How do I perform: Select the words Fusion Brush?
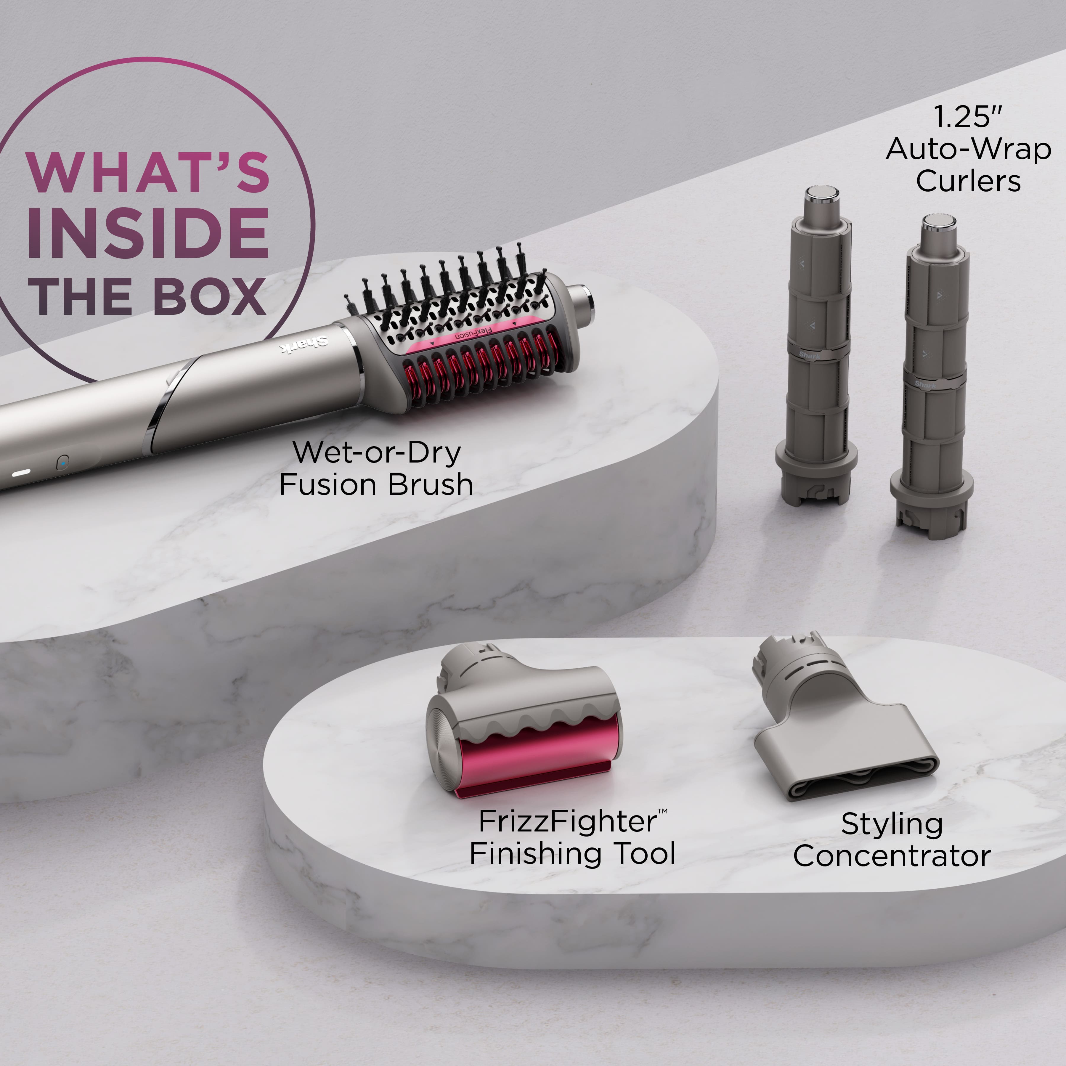[376, 485]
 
